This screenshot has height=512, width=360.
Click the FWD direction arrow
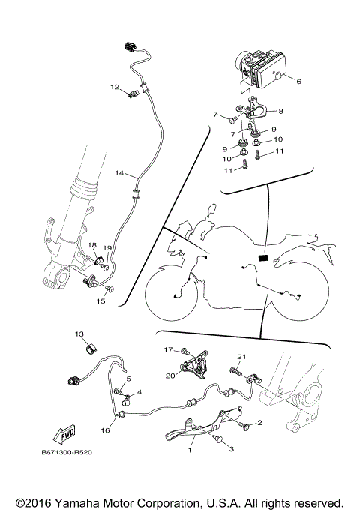[64, 434]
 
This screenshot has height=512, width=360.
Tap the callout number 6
[298, 81]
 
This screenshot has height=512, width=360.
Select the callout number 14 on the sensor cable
[119, 173]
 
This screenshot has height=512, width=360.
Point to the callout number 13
[79, 334]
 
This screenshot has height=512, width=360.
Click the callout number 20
[170, 376]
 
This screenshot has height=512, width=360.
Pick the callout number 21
[241, 357]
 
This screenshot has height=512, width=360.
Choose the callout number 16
[105, 430]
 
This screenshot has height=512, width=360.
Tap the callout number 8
[281, 111]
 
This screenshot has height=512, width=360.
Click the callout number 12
[115, 87]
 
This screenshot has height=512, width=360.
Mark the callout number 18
[92, 245]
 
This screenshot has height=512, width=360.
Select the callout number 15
[101, 301]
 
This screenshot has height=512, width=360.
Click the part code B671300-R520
[67, 452]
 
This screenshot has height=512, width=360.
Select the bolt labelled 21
[235, 370]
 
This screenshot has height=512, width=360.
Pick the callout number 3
[231, 449]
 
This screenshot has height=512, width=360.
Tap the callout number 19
[107, 248]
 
